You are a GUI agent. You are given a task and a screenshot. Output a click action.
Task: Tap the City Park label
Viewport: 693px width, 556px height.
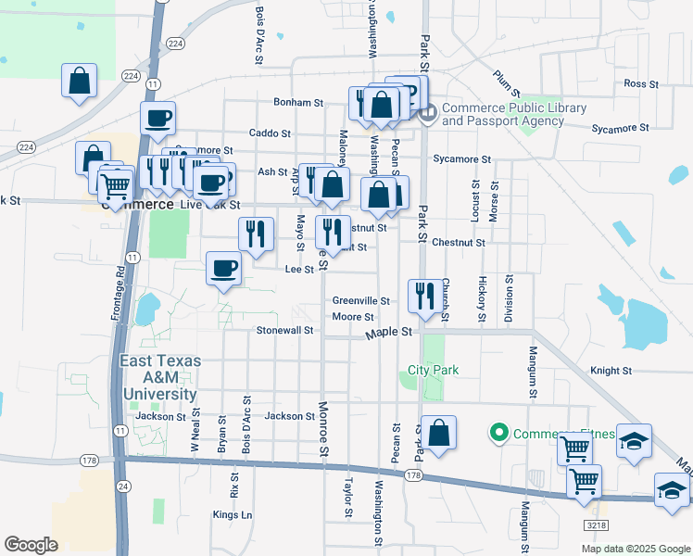[x=434, y=370]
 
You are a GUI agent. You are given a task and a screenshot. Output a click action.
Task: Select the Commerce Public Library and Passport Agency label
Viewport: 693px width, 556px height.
[x=513, y=114]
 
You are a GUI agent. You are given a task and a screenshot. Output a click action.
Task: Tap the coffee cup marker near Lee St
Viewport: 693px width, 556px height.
[x=222, y=269]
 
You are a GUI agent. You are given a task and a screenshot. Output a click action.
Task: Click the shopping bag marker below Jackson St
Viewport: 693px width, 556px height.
[x=440, y=432]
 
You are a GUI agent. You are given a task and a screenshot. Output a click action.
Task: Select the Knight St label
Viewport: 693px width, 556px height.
[x=611, y=371]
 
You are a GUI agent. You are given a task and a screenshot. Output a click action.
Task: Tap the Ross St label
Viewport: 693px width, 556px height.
[x=640, y=83]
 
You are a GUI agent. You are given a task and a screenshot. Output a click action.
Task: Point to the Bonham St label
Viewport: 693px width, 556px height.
[x=297, y=103]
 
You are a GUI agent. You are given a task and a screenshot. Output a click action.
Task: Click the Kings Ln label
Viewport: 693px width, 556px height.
[x=233, y=514]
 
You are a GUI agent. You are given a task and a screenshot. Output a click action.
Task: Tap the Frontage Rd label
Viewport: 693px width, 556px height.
[x=118, y=295]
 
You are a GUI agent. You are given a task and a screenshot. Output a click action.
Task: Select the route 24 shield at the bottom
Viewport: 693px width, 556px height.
[x=123, y=486]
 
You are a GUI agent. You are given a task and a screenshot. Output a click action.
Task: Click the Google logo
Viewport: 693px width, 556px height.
[x=31, y=545]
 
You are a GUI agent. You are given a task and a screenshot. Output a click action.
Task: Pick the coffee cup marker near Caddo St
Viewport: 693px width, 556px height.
[x=157, y=118]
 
